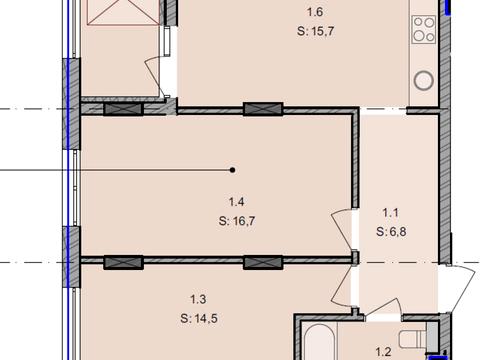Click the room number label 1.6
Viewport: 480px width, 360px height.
[315, 12]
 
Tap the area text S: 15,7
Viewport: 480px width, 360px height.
[315, 32]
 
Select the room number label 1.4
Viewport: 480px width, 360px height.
[237, 202]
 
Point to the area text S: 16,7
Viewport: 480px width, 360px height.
[237, 221]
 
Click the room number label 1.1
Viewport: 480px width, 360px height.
[390, 212]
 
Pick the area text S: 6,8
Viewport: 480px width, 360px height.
[391, 231]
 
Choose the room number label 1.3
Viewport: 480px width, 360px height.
[198, 299]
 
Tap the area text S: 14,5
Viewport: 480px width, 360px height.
[199, 318]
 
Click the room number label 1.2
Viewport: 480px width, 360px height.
[383, 352]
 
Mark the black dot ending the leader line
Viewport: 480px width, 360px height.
[233, 170]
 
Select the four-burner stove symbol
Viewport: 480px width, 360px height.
[424, 29]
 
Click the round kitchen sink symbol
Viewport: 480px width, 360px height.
[424, 80]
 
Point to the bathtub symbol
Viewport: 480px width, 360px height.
[319, 342]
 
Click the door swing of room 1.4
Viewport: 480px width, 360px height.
[342, 229]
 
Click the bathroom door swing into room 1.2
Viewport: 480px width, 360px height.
[383, 307]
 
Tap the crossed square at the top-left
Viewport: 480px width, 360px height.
[123, 12]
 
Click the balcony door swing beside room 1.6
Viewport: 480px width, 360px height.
[154, 76]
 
